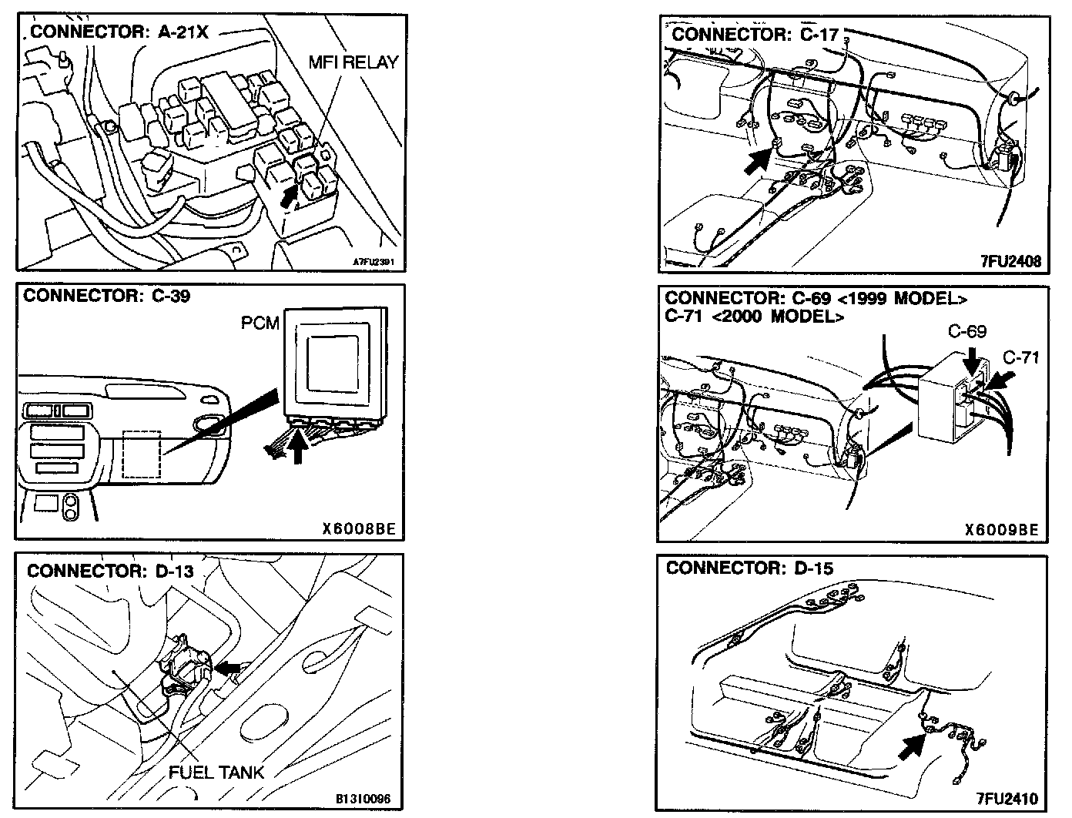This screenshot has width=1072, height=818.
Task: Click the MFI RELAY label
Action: pyautogui.click(x=353, y=62)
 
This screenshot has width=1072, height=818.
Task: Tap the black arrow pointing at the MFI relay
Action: pyautogui.click(x=289, y=194)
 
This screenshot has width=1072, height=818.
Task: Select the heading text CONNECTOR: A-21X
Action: pyautogui.click(x=119, y=32)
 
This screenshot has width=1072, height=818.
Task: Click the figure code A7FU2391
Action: pyautogui.click(x=374, y=261)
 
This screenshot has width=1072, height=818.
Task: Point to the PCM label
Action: pyautogui.click(x=260, y=324)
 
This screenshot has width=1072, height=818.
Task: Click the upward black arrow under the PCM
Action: pyautogui.click(x=298, y=449)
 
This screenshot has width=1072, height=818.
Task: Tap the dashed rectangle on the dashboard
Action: pyautogui.click(x=141, y=454)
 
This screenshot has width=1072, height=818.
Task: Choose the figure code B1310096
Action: pyautogui.click(x=363, y=799)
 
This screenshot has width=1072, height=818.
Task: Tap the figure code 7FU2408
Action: pyautogui.click(x=1010, y=261)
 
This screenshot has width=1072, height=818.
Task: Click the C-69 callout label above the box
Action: pyautogui.click(x=967, y=333)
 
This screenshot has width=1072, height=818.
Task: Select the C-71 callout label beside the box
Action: pyautogui.click(x=1021, y=357)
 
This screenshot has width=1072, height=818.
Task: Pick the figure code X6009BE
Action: pyautogui.click(x=1001, y=530)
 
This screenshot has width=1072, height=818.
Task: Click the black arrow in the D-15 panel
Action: pyautogui.click(x=913, y=745)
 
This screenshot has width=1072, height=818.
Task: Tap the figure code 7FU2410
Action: pyautogui.click(x=1007, y=798)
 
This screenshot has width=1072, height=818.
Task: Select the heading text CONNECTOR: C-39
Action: pyautogui.click(x=107, y=297)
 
